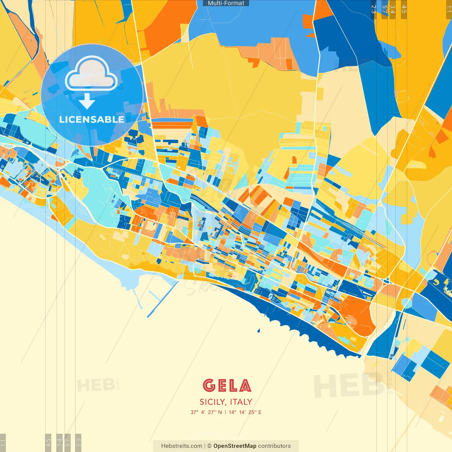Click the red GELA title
(x=227, y=386)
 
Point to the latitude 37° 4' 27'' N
(x=206, y=412)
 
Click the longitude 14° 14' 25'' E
(x=245, y=412)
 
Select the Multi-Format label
(x=226, y=3)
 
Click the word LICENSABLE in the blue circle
(x=92, y=119)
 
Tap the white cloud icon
(x=91, y=74)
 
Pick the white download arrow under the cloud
(x=87, y=101)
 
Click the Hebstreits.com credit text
(x=182, y=446)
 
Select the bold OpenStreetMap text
(x=234, y=446)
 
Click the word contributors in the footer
(x=274, y=446)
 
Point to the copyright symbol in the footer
(x=209, y=446)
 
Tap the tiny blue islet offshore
(x=258, y=331)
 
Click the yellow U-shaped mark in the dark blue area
(x=436, y=282)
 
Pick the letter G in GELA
(x=209, y=386)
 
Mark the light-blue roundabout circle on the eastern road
(x=406, y=303)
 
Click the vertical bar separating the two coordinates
(x=225, y=412)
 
